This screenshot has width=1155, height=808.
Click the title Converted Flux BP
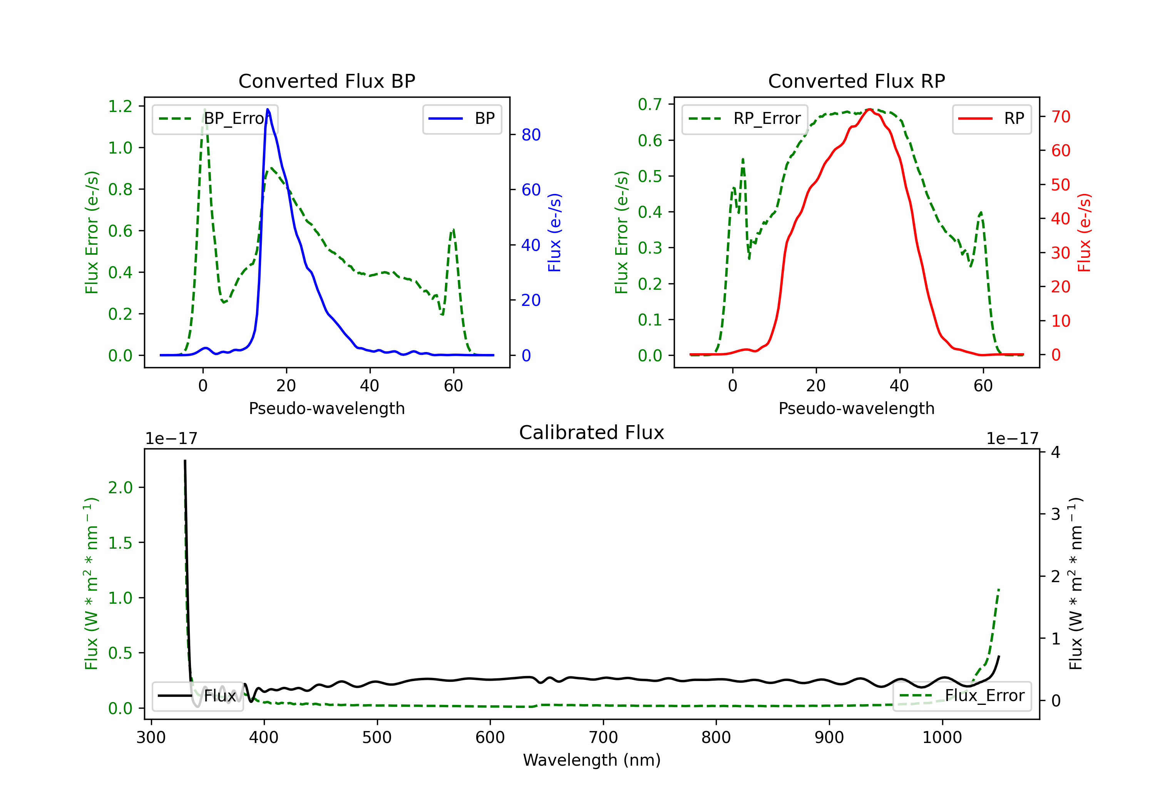[326, 81]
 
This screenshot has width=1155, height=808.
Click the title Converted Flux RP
[856, 81]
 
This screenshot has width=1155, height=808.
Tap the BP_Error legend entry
[215, 119]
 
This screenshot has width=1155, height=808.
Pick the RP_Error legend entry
[745, 119]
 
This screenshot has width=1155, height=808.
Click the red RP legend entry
[991, 119]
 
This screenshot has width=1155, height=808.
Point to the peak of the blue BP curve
[268, 109]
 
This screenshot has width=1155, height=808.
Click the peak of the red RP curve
[870, 109]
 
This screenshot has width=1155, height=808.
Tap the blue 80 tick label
[531, 135]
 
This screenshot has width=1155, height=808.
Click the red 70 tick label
[1060, 117]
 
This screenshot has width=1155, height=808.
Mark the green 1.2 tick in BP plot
[120, 106]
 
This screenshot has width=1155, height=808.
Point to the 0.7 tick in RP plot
[650, 104]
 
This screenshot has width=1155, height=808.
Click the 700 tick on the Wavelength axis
[603, 738]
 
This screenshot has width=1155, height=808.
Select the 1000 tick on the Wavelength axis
[942, 738]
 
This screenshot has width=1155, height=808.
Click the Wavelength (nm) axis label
[592, 760]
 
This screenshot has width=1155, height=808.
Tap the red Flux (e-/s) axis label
[1084, 232]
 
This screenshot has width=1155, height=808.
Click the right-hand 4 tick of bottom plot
[1055, 452]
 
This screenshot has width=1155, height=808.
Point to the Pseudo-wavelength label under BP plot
[326, 408]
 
